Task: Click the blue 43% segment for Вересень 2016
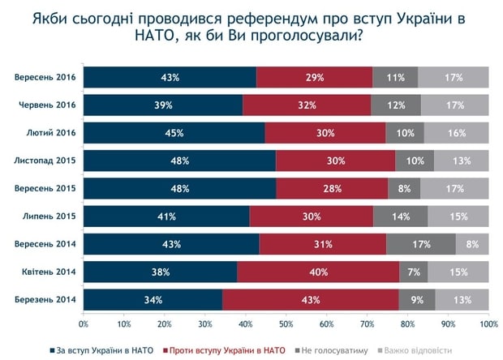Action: point(170,78)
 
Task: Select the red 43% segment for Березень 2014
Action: point(311,299)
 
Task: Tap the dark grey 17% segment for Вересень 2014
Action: point(421,244)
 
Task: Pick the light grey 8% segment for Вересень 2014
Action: point(472,244)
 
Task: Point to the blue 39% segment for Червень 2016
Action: point(162,105)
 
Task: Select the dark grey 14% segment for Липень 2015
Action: point(401,216)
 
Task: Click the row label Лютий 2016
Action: point(51,133)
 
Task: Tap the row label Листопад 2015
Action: point(45,161)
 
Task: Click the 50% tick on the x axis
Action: point(286,324)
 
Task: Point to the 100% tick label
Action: point(488,324)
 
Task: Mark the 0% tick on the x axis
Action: point(84,324)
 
